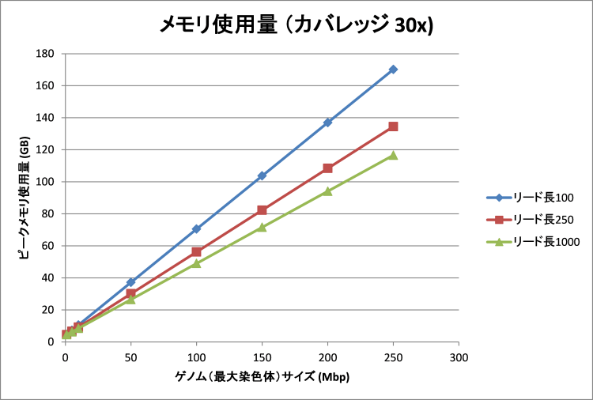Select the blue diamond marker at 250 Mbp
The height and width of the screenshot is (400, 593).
tap(393, 70)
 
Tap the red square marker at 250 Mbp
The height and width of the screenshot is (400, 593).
tap(393, 126)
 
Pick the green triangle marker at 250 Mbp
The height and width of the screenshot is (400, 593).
tap(393, 155)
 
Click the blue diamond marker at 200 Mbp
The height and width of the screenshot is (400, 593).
tap(327, 123)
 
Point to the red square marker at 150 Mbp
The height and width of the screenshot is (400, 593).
tap(262, 210)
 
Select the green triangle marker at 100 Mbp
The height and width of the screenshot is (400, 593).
tap(196, 263)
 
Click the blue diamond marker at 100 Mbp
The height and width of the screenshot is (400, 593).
tap(196, 229)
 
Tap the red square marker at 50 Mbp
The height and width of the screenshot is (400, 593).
tap(130, 293)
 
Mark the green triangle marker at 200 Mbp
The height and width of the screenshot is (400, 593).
tap(327, 191)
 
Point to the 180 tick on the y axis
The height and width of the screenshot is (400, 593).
tap(45, 54)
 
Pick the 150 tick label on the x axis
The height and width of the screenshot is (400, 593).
tap(262, 358)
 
